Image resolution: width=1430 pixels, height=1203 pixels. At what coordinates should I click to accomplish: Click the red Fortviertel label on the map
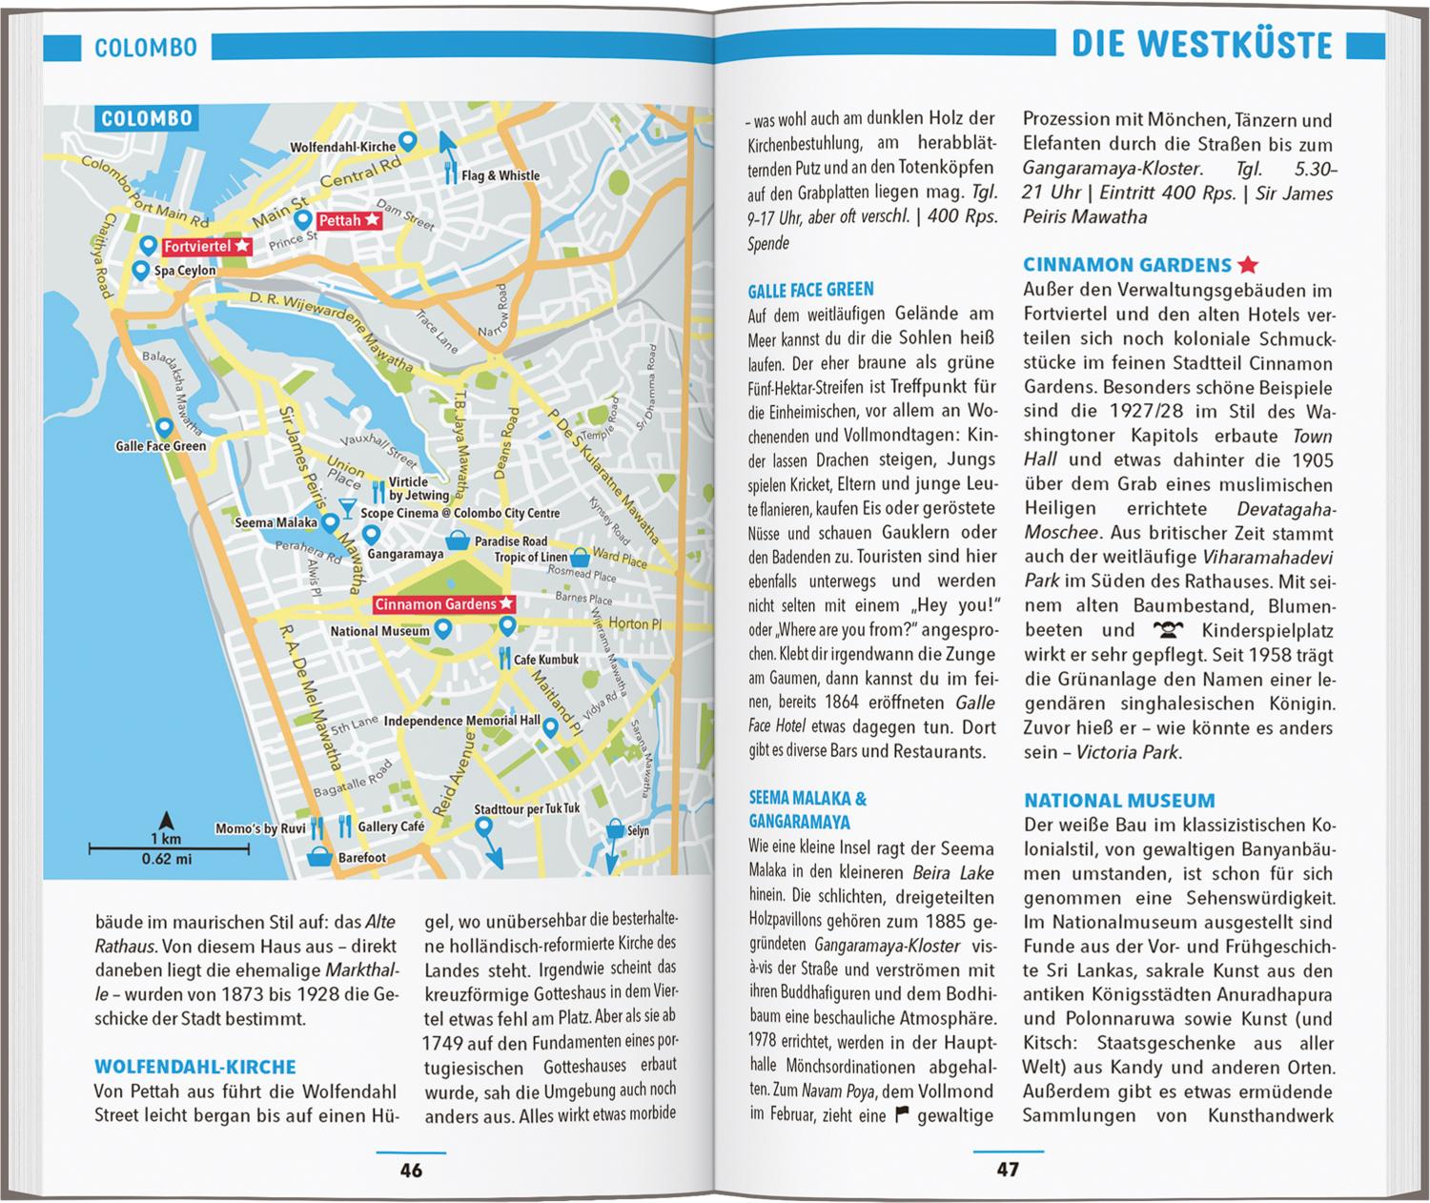pyautogui.click(x=206, y=247)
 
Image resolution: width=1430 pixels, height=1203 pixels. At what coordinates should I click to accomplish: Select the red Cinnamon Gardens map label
pyautogui.click(x=444, y=604)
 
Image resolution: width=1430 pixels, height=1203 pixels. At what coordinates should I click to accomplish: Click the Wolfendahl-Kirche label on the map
pyautogui.click(x=342, y=148)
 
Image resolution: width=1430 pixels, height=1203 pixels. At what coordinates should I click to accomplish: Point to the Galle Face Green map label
pyautogui.click(x=160, y=446)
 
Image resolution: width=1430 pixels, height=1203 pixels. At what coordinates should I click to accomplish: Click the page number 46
pyautogui.click(x=411, y=1170)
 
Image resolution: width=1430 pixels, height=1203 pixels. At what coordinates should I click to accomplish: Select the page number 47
pyautogui.click(x=1007, y=1170)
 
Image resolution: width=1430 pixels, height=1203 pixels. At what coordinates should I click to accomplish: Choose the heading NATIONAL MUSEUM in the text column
pyautogui.click(x=1119, y=801)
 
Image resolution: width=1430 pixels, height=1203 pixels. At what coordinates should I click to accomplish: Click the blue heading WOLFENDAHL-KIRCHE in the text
pyautogui.click(x=195, y=1067)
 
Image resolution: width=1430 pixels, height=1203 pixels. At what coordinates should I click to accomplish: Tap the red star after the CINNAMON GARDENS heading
pyautogui.click(x=1248, y=265)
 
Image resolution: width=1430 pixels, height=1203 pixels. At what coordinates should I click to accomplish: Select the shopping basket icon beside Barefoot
pyautogui.click(x=319, y=857)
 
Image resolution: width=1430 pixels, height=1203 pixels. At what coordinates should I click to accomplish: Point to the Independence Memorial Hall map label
pyautogui.click(x=461, y=721)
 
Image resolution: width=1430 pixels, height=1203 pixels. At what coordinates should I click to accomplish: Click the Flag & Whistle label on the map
pyautogui.click(x=500, y=175)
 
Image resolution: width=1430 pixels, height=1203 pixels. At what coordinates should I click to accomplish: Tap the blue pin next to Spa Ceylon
pyautogui.click(x=141, y=270)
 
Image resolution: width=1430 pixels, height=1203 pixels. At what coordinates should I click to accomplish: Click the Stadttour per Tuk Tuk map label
pyautogui.click(x=526, y=809)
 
